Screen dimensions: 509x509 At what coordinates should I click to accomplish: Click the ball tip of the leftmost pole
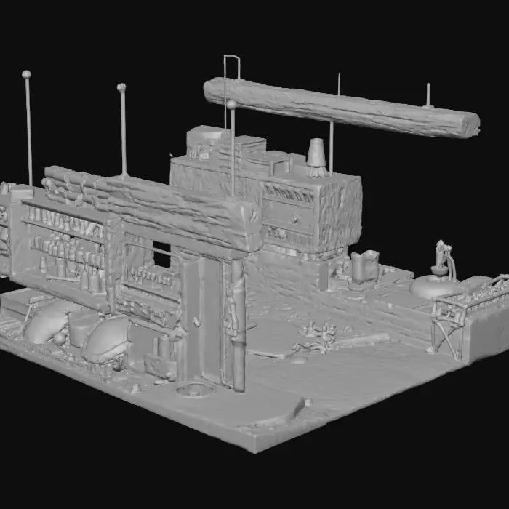coord(26,74)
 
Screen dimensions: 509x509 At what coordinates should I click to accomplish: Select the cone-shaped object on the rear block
coord(316,153)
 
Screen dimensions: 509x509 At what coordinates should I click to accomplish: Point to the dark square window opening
coord(161,254)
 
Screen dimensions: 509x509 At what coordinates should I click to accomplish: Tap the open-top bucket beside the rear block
coord(365,265)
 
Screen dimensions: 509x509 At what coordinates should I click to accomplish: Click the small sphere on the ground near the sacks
coord(57,339)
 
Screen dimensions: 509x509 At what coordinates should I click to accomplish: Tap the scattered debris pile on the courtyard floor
coord(317,334)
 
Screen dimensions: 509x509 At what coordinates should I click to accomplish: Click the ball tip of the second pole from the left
coord(121,87)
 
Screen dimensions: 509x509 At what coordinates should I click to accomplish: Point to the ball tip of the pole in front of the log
coord(231,105)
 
